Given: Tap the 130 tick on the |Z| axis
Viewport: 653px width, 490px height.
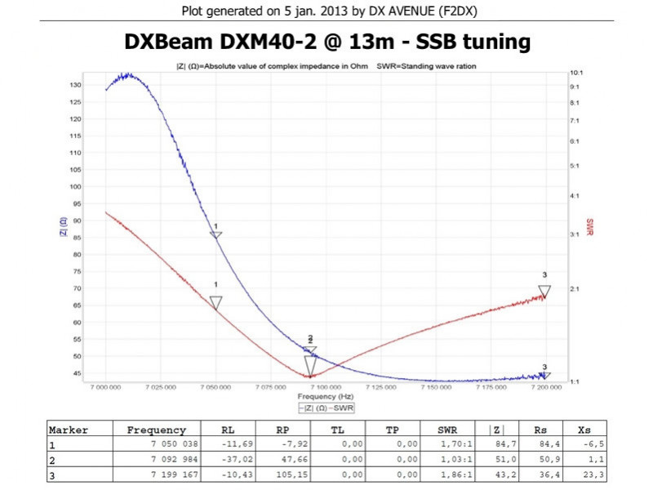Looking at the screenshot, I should click(74, 85).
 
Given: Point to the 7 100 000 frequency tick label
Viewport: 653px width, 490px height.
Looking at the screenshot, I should click(326, 388).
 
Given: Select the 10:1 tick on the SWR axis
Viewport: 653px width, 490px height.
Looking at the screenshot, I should click(575, 73).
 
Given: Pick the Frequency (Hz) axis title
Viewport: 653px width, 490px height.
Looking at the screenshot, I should click(326, 396).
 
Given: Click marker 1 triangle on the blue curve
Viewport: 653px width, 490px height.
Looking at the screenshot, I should click(215, 236).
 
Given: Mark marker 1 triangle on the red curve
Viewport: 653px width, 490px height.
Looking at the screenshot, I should click(215, 303).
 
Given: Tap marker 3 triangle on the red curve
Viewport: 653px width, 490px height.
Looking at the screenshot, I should click(544, 292).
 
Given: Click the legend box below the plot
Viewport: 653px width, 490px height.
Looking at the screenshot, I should click(326, 407).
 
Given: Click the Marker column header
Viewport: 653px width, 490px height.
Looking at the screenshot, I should click(69, 430).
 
